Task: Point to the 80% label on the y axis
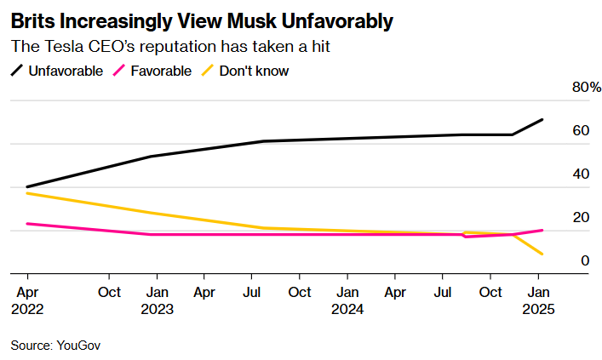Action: pyautogui.click(x=587, y=88)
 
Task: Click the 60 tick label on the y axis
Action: pyautogui.click(x=582, y=131)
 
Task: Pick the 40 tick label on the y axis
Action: pyautogui.click(x=582, y=174)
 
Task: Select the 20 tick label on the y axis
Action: pyautogui.click(x=582, y=217)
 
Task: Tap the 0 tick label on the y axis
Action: pyautogui.click(x=585, y=260)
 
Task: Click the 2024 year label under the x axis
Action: pyautogui.click(x=347, y=310)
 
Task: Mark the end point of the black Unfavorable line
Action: pyautogui.click(x=542, y=120)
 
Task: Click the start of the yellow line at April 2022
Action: pyautogui.click(x=27, y=193)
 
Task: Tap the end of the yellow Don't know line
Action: pyautogui.click(x=542, y=254)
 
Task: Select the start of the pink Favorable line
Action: pyautogui.click(x=27, y=224)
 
